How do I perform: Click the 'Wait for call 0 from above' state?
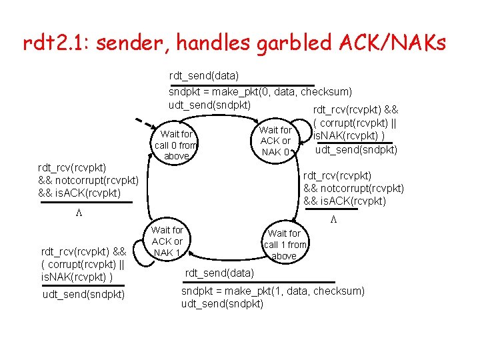click(176, 145)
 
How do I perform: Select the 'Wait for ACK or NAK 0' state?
click(275, 141)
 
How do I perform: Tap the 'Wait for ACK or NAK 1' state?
click(167, 241)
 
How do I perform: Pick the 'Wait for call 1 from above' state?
click(284, 244)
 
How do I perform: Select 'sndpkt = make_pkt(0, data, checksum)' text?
click(260, 91)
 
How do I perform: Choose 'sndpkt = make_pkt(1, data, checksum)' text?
click(273, 291)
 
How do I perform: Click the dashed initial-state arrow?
click(143, 127)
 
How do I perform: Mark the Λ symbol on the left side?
click(78, 213)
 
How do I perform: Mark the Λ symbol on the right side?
click(334, 219)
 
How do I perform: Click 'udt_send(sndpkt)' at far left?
click(83, 294)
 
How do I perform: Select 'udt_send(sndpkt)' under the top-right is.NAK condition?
click(356, 149)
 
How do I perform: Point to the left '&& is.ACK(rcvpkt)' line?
click(79, 193)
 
